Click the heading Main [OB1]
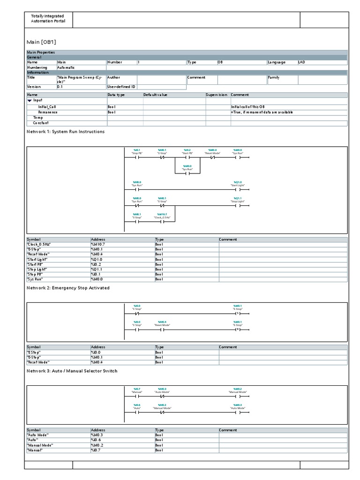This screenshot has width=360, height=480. coord(43,41)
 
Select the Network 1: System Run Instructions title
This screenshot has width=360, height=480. coord(66,132)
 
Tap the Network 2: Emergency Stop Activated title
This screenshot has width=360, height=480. coord(68,288)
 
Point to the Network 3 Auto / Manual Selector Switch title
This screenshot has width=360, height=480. coord(72,371)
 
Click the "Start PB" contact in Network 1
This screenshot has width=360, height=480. coord(187,158)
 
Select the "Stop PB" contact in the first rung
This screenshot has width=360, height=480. coord(137,158)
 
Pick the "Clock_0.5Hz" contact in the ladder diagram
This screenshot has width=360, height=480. coord(162,222)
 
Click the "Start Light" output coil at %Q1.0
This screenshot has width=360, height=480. coord(238,190)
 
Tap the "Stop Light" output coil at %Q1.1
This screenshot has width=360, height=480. coord(238,206)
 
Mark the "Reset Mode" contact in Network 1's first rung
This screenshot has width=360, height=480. coord(212,158)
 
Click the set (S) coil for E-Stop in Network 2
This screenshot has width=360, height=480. coord(238,314)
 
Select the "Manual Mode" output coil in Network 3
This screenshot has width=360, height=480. coord(238,396)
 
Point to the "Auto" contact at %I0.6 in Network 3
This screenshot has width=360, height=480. coord(137,412)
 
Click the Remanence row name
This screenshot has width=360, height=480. coord(48,112)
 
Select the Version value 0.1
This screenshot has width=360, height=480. coord(60,87)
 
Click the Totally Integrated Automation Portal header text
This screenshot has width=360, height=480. coord(48,19)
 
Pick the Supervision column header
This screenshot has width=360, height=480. coord(217,95)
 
